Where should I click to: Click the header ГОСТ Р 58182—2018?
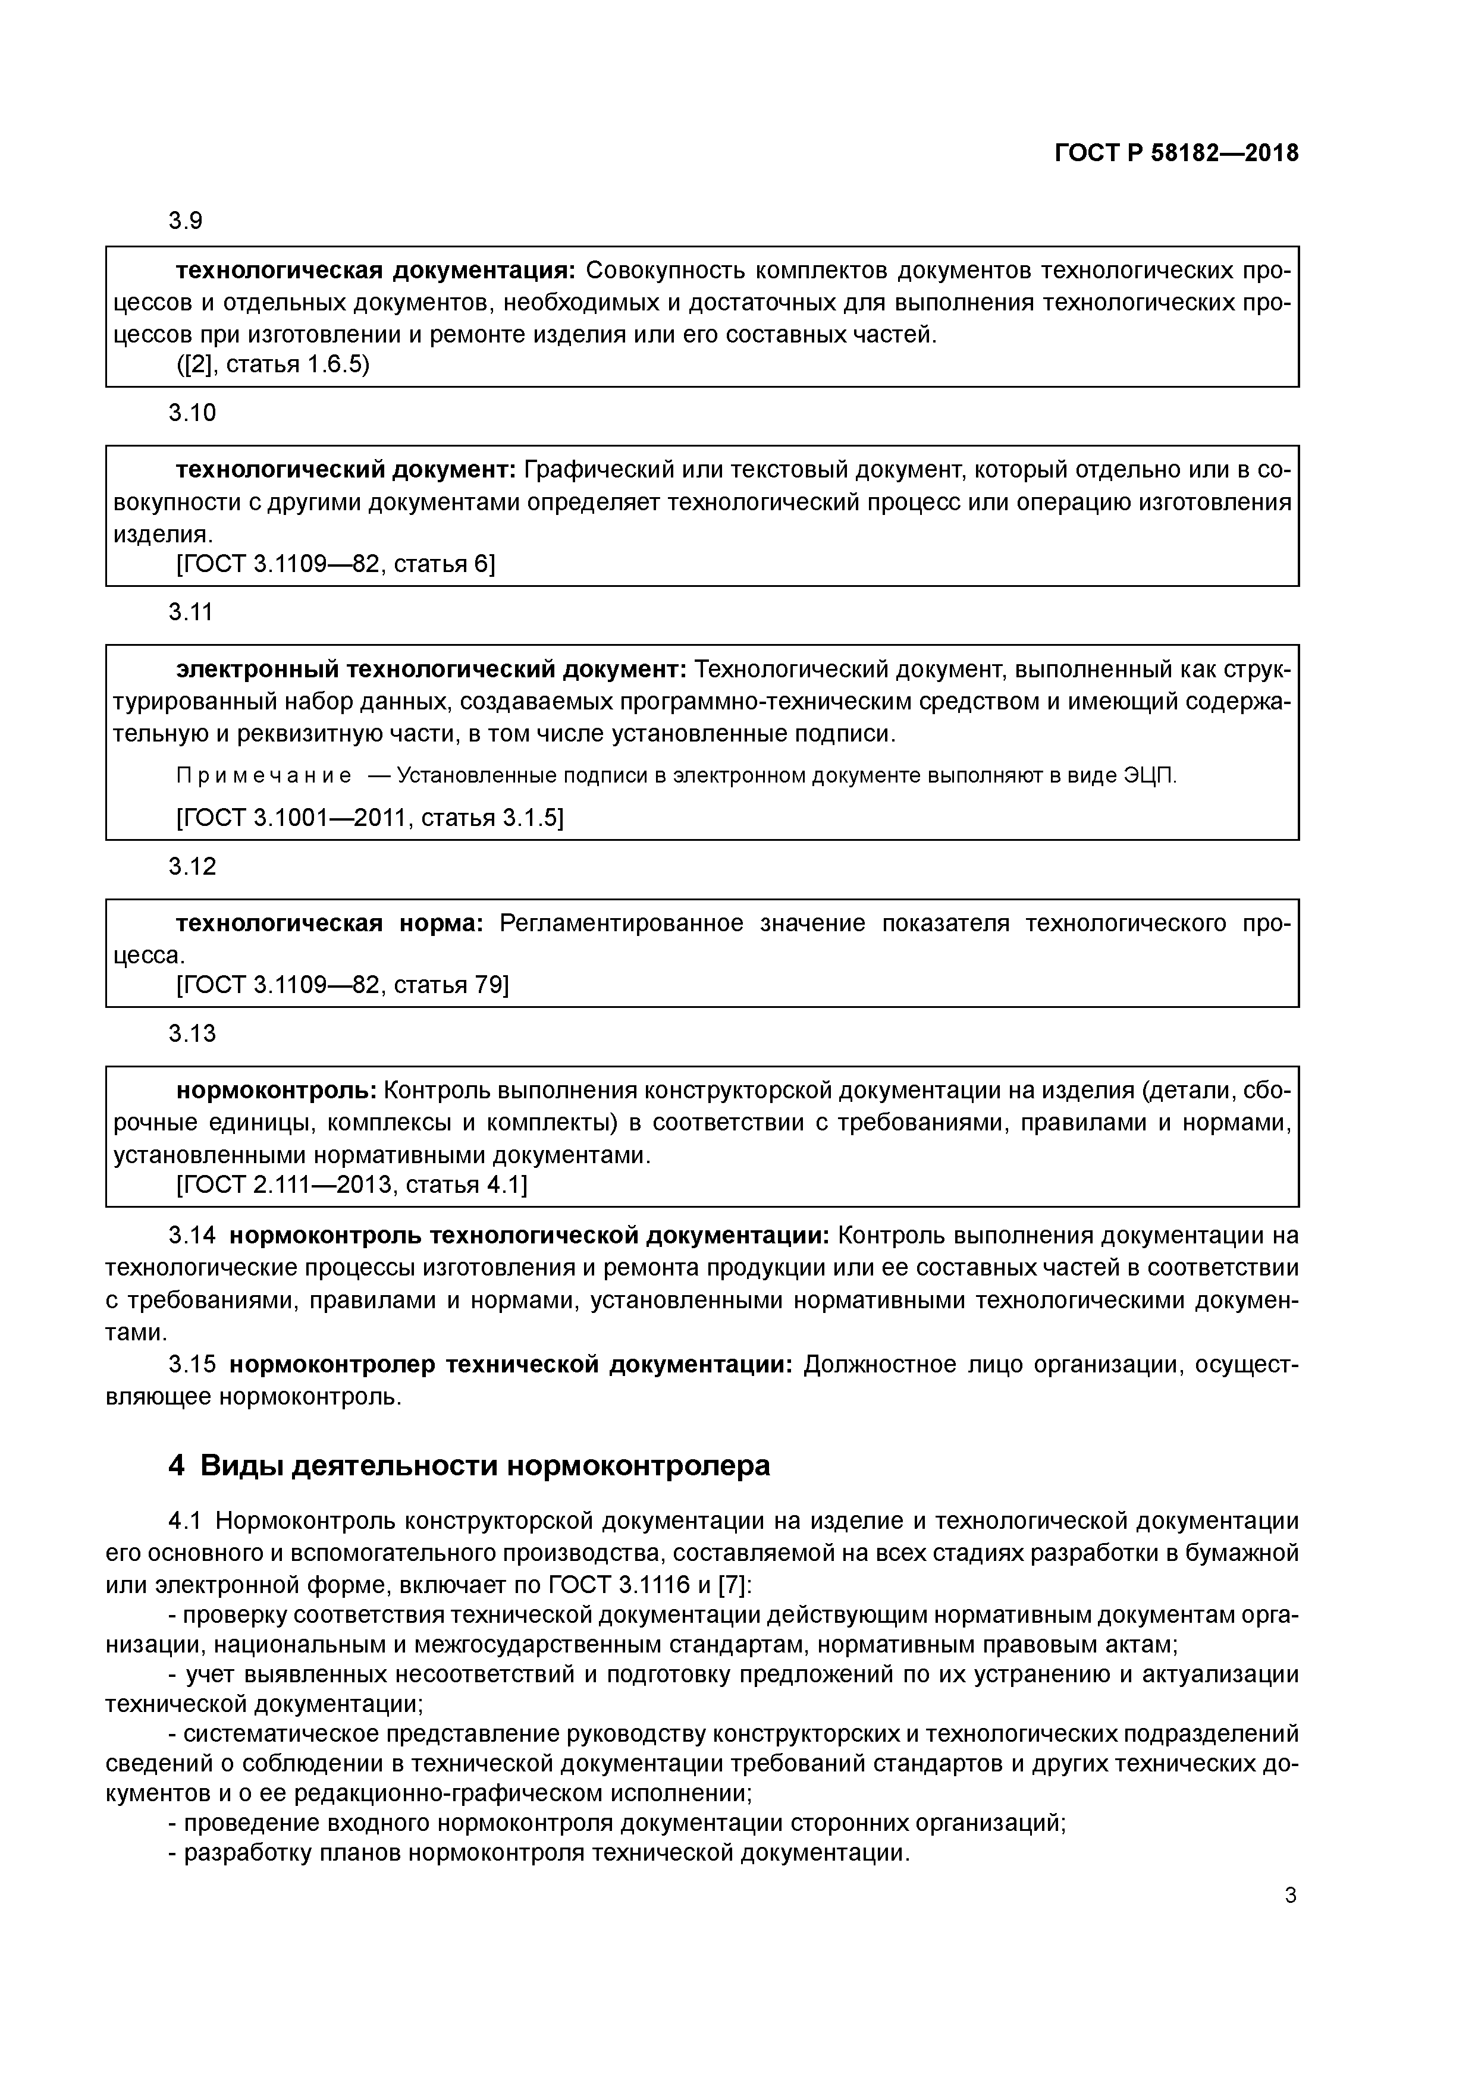pyautogui.click(x=1176, y=153)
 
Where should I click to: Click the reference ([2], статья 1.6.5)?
pyautogui.click(x=272, y=365)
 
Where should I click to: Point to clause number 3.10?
pyautogui.click(x=192, y=413)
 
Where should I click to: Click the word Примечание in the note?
pyautogui.click(x=263, y=777)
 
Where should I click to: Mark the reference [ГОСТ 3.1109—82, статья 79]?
pyautogui.click(x=342, y=985)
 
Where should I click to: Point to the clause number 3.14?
pyautogui.click(x=192, y=1236)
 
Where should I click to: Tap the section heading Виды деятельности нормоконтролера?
pyautogui.click(x=484, y=1465)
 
